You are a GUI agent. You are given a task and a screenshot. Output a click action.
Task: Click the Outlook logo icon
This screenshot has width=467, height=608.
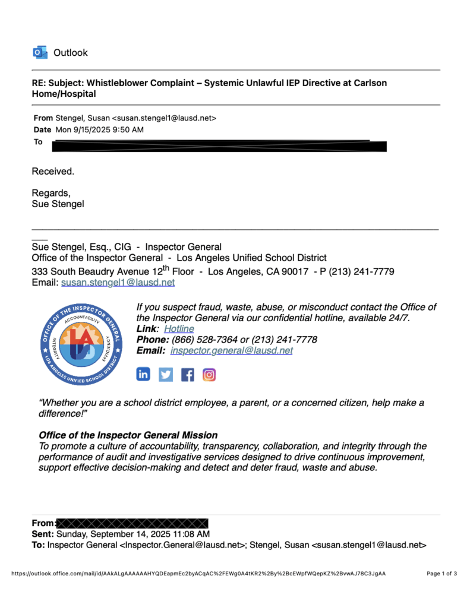[40, 53]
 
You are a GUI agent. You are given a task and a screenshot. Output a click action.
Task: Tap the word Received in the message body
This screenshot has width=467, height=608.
[52, 172]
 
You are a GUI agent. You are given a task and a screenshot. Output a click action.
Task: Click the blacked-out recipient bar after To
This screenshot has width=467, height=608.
[220, 145]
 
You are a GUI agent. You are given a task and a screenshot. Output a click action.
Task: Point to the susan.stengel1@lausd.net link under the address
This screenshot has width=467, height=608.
[118, 283]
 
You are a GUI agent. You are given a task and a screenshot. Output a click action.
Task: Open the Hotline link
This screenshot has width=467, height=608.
[179, 329]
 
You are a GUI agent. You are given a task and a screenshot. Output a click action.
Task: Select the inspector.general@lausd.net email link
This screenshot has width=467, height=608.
[231, 350]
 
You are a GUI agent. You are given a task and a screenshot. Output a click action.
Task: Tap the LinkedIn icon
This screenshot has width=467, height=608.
[144, 374]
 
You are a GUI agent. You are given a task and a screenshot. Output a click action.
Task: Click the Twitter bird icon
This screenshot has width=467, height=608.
[166, 375]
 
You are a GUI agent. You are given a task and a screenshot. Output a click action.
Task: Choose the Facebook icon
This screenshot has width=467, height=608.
[187, 375]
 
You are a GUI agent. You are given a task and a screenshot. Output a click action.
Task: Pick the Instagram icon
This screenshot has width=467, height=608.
[209, 375]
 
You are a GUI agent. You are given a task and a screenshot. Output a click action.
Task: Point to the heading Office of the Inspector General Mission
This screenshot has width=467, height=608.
[128, 435]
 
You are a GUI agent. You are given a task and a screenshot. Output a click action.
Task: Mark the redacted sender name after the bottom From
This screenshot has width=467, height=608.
[132, 523]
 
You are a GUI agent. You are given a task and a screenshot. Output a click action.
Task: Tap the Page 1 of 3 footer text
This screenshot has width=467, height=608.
[442, 574]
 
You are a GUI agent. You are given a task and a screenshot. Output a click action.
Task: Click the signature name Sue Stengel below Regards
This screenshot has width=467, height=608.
[58, 204]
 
